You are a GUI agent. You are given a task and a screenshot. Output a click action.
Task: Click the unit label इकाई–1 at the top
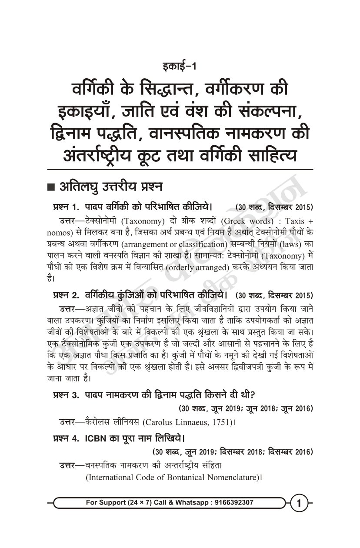coord(180,67)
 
